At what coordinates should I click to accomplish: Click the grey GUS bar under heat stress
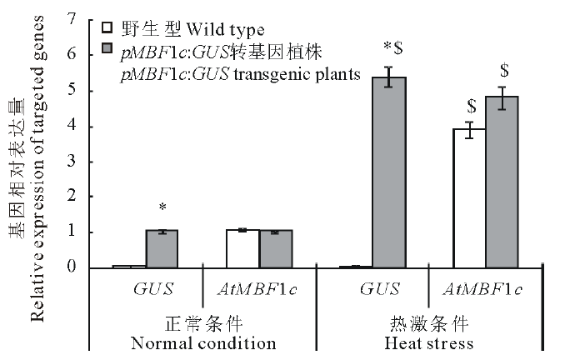pos(388,172)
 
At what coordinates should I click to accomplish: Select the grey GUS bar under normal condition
pos(162,249)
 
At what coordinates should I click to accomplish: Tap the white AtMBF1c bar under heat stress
pos(468,198)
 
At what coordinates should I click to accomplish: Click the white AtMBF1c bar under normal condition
pos(242,248)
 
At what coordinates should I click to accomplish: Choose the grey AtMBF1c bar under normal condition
pos(275,249)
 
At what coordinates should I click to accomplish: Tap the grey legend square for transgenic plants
pos(106,50)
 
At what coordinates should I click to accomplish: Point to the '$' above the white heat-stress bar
pos(471,106)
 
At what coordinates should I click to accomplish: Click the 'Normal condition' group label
pos(204,343)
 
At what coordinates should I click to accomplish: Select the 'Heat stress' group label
pos(429,343)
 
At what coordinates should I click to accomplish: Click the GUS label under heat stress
pos(379,289)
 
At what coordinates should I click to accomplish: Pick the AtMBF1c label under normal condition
pos(260,289)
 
